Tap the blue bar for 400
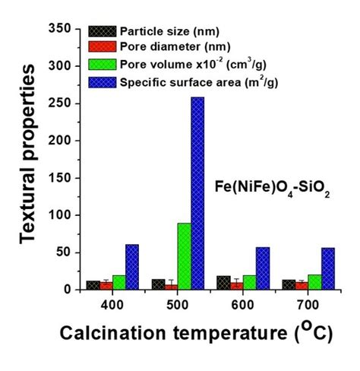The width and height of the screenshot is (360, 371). (131, 267)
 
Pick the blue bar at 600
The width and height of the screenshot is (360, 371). (263, 268)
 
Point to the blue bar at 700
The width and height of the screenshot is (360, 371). (328, 268)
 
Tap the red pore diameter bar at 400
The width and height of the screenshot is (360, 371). (106, 286)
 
